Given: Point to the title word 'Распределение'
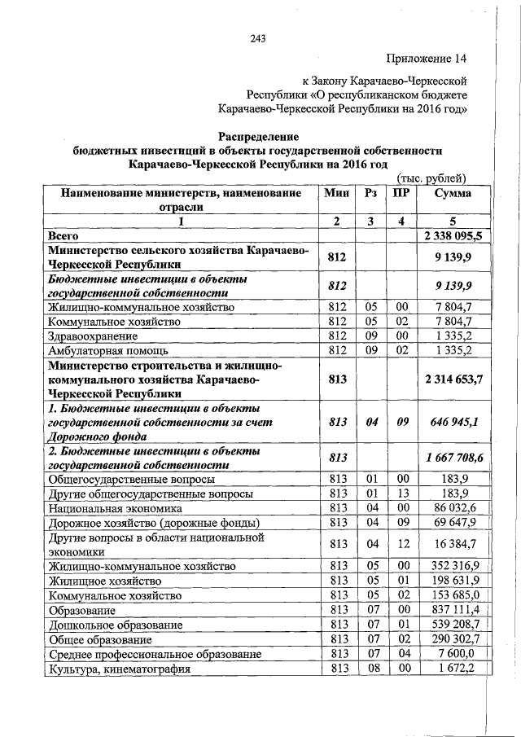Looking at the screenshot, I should click(259, 136).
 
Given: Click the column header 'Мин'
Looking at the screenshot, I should click(337, 193).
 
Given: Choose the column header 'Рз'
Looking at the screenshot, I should click(370, 193).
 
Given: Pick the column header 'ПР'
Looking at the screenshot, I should click(401, 193).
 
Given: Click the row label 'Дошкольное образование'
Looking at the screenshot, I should click(113, 625).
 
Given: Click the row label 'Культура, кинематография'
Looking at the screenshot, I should click(119, 669).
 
